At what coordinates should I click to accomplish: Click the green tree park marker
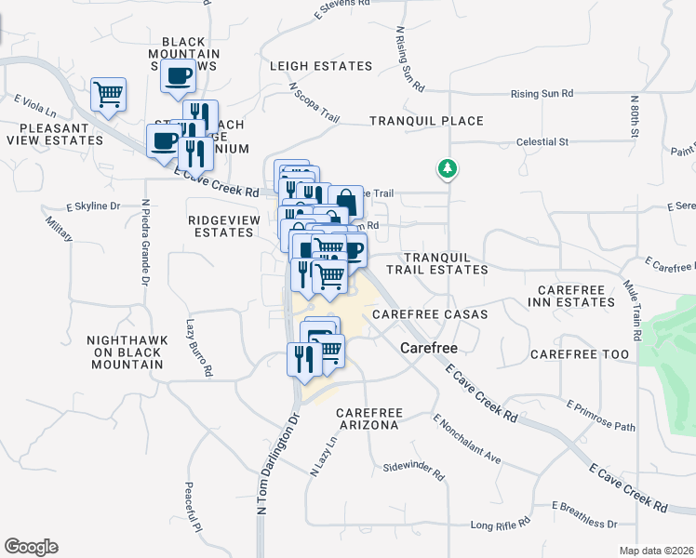click(x=448, y=168)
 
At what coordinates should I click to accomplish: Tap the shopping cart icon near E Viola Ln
click(x=109, y=94)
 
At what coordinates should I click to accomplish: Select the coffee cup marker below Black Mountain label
click(x=177, y=76)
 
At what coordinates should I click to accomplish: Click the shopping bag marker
click(x=345, y=201)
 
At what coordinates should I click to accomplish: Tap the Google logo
click(x=31, y=547)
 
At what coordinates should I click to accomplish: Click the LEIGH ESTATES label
click(x=320, y=66)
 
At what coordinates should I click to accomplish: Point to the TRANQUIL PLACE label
click(x=426, y=121)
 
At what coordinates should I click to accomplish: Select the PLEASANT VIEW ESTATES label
click(x=54, y=134)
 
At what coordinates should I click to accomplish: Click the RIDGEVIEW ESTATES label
click(x=221, y=226)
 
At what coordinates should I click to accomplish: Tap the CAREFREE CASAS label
click(x=430, y=314)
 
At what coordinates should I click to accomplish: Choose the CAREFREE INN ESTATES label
click(x=571, y=296)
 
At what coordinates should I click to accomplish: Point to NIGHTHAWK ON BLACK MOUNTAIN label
click(x=127, y=352)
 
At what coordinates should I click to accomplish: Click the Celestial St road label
click(x=542, y=142)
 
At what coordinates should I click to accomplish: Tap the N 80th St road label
click(x=634, y=116)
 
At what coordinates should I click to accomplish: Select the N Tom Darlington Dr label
click(x=276, y=462)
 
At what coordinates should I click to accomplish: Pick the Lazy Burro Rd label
click(x=196, y=349)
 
